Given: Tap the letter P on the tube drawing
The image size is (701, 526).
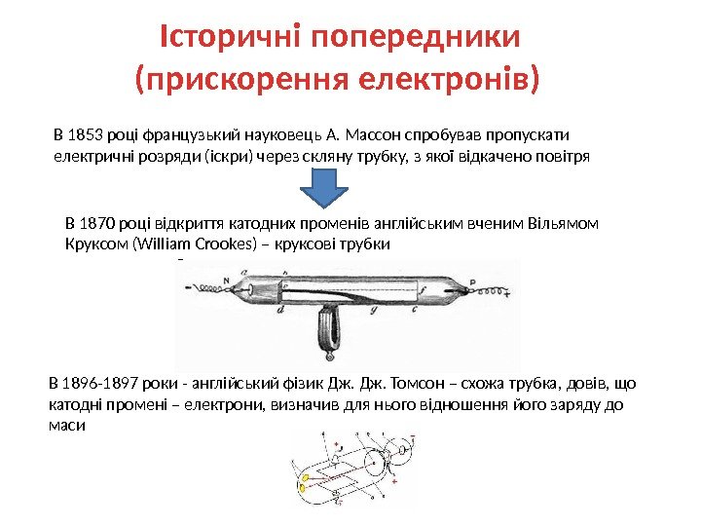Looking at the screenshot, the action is click(471, 281).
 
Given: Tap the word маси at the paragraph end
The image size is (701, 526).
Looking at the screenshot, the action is click(66, 427).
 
